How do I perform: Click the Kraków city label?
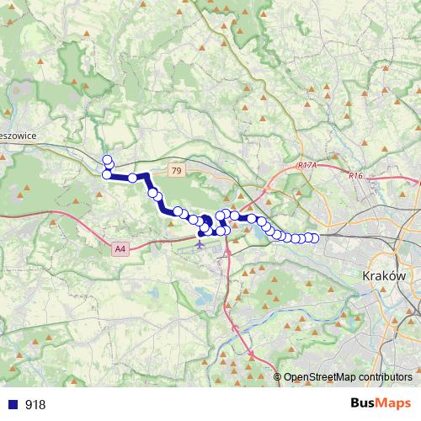[x=383, y=276]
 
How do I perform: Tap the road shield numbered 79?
[x=175, y=171]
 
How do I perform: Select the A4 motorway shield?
[x=120, y=248]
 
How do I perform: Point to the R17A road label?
[x=306, y=167]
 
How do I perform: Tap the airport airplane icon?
[x=199, y=246]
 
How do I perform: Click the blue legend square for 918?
[x=12, y=404]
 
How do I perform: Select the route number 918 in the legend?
[x=35, y=404]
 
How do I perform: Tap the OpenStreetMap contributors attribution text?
[x=347, y=376]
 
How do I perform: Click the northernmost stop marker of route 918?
[x=106, y=159]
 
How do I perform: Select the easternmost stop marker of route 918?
[x=315, y=238]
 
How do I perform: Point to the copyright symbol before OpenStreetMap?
[x=278, y=376]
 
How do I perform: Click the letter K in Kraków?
[x=364, y=276]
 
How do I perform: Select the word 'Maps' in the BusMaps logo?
[x=396, y=403]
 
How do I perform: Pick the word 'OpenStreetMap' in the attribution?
[x=316, y=376]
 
